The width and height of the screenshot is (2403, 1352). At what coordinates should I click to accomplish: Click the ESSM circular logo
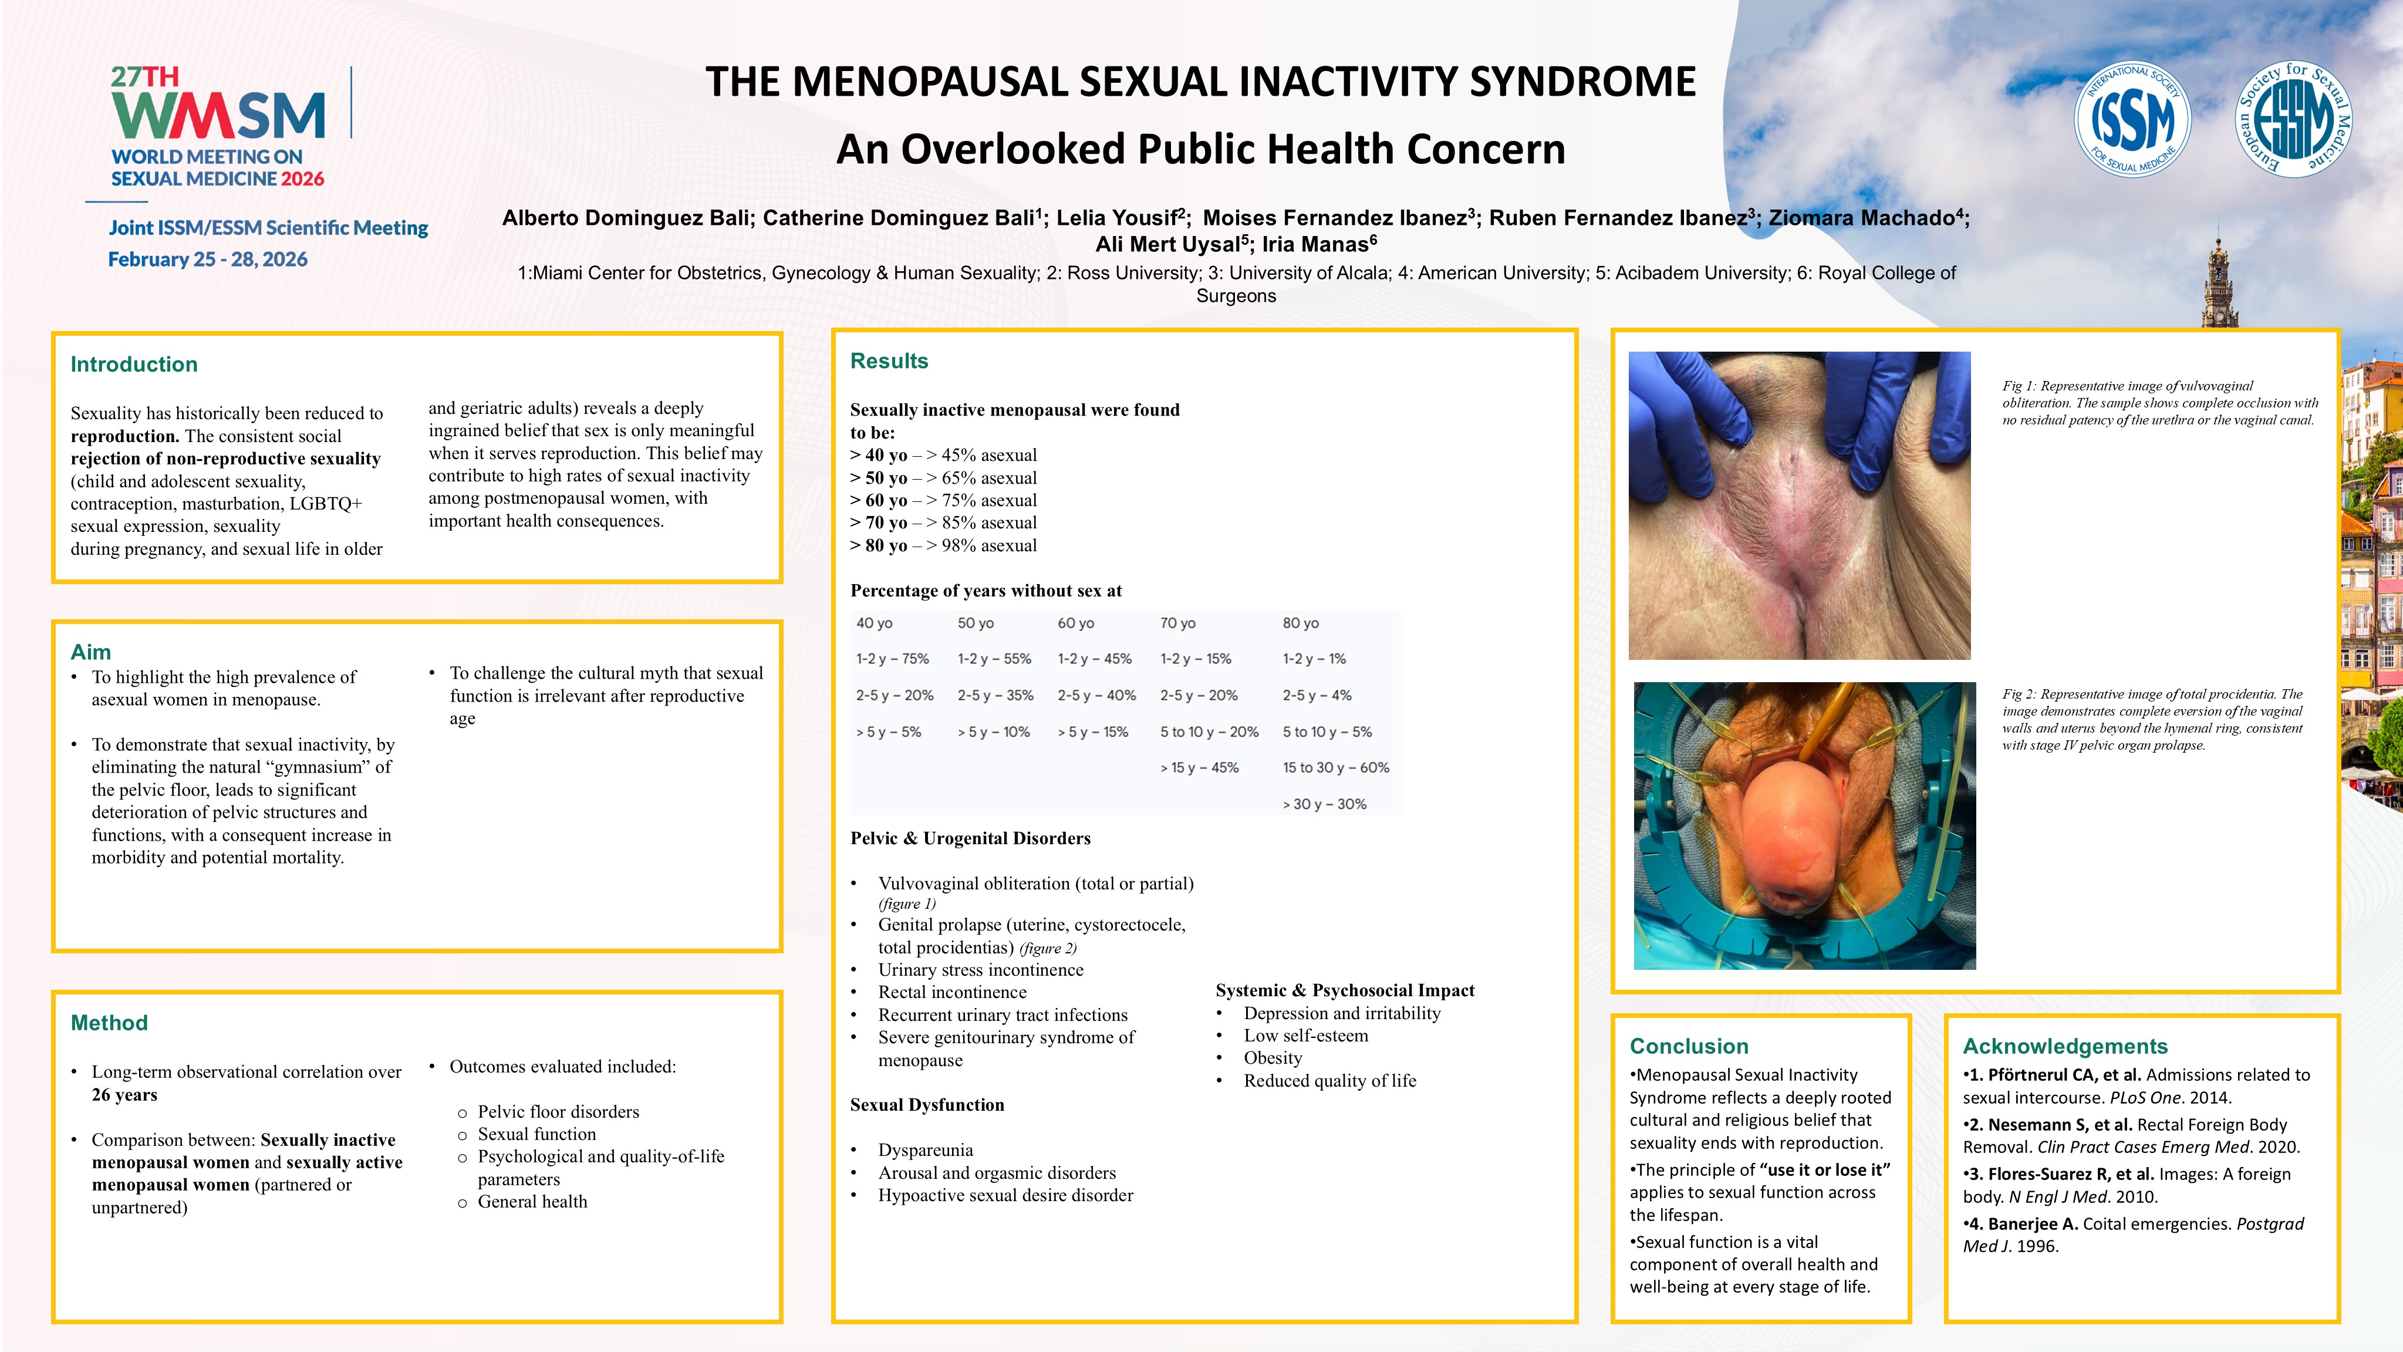2294,119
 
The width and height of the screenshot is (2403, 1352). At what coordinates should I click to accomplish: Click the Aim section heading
90,651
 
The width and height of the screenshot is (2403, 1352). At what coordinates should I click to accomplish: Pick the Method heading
109,1023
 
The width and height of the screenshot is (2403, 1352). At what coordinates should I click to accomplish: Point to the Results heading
889,361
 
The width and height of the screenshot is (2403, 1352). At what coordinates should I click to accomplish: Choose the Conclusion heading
1689,1046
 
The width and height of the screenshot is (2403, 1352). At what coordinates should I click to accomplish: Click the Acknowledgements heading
2064,1046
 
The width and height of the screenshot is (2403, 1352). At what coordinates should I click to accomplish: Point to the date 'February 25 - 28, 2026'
208,259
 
